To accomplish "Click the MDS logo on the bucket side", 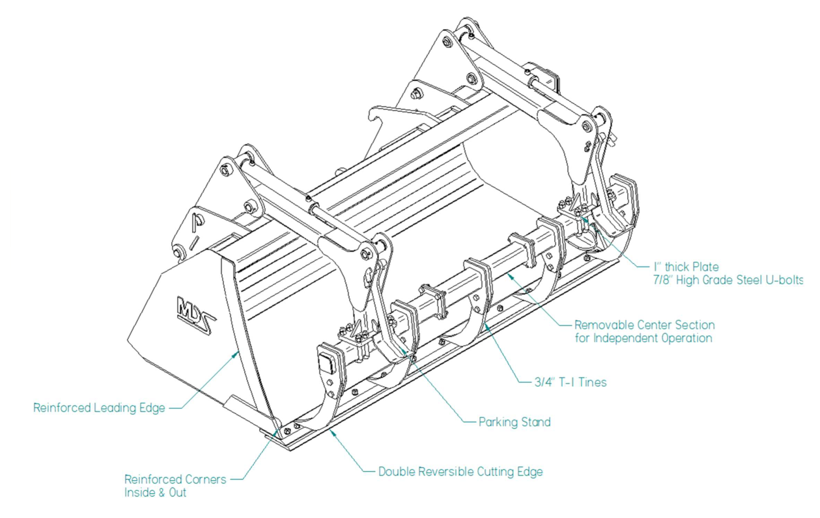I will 196,315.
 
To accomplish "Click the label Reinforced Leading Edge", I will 99,408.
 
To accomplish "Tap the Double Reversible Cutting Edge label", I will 460,472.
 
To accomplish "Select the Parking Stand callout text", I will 515,422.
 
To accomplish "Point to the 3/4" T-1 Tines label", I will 570,382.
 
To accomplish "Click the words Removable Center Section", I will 645,325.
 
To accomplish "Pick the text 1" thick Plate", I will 686,267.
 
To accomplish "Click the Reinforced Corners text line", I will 175,479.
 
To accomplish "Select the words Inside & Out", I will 155,493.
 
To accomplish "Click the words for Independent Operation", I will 644,338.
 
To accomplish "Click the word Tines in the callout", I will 593,382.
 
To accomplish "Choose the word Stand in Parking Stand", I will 536,422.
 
